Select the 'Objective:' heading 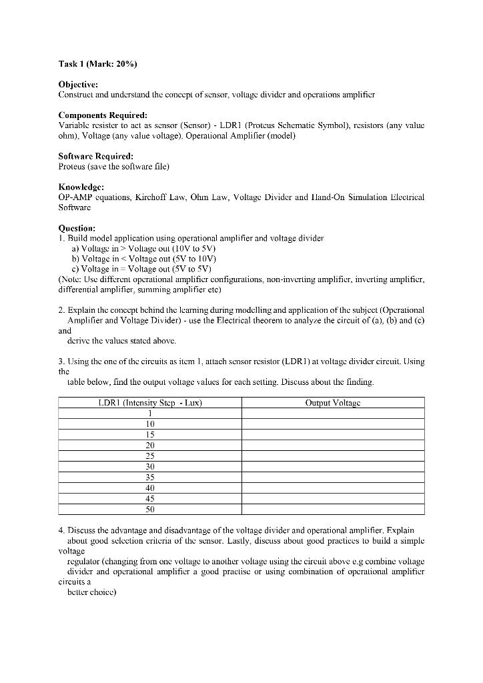[x=78, y=85]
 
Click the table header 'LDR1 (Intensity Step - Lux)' [x=150, y=403]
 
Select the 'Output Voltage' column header [x=333, y=403]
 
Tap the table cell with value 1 [x=150, y=414]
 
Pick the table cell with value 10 [x=150, y=424]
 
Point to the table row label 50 [x=150, y=510]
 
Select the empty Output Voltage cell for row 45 [x=333, y=499]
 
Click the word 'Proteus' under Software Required [x=72, y=167]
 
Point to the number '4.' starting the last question [x=62, y=530]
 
